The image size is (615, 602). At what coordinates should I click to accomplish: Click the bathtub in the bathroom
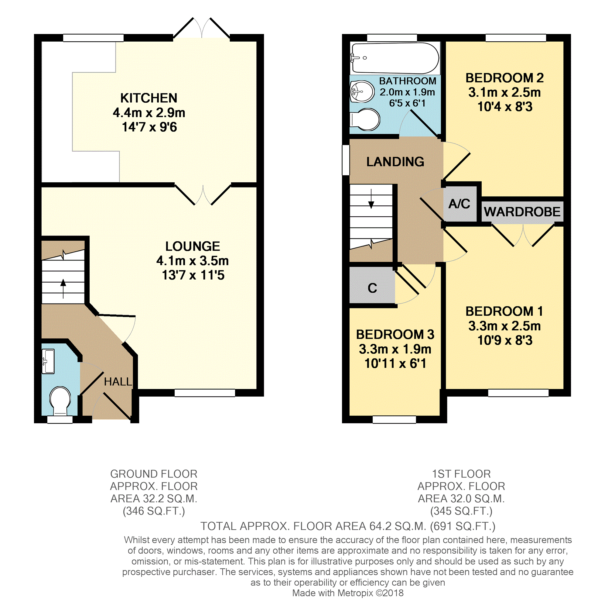pyautogui.click(x=395, y=58)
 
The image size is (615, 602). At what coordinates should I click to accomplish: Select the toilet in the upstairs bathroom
pyautogui.click(x=365, y=119)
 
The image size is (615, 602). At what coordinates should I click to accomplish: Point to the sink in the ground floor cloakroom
pyautogui.click(x=48, y=361)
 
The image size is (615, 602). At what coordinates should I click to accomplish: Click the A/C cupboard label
pyautogui.click(x=459, y=204)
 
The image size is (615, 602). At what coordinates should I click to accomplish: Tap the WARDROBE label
pyautogui.click(x=522, y=212)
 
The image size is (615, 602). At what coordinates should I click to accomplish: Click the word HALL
pyautogui.click(x=118, y=382)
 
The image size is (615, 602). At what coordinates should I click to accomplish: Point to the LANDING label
pyautogui.click(x=395, y=162)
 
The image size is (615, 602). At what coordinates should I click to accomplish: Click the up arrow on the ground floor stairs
pyautogui.click(x=63, y=289)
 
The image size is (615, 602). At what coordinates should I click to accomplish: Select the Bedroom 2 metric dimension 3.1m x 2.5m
pyautogui.click(x=504, y=92)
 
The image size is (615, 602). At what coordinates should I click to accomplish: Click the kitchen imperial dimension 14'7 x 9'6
pyautogui.click(x=149, y=127)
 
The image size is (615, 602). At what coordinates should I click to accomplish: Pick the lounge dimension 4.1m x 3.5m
pyautogui.click(x=193, y=260)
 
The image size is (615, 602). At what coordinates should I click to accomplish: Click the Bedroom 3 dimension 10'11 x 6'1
pyautogui.click(x=395, y=363)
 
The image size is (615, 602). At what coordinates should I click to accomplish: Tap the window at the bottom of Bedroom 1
pyautogui.click(x=518, y=393)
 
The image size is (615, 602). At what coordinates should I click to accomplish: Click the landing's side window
pyautogui.click(x=346, y=160)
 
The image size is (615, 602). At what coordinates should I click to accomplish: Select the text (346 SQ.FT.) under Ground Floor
pyautogui.click(x=154, y=511)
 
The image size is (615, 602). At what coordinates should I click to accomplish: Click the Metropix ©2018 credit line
pyautogui.click(x=348, y=593)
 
